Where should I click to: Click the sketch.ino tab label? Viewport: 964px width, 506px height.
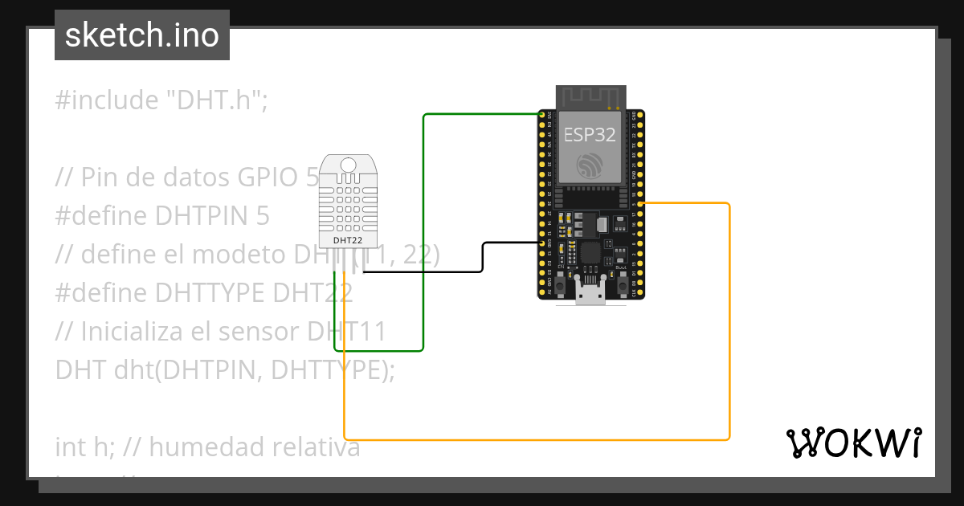click(x=141, y=35)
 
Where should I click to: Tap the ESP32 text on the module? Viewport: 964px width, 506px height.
click(x=590, y=133)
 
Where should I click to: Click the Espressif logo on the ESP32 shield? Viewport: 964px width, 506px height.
click(x=590, y=165)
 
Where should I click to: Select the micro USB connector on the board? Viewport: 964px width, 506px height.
click(x=591, y=295)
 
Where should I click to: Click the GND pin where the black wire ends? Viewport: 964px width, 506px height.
click(x=541, y=241)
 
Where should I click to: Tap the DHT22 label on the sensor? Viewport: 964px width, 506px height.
click(x=348, y=239)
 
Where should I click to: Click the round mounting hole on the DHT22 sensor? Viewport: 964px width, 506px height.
click(x=348, y=165)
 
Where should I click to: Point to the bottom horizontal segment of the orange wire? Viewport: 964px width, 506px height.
click(x=530, y=439)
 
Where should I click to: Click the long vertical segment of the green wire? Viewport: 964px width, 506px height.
click(x=423, y=233)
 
